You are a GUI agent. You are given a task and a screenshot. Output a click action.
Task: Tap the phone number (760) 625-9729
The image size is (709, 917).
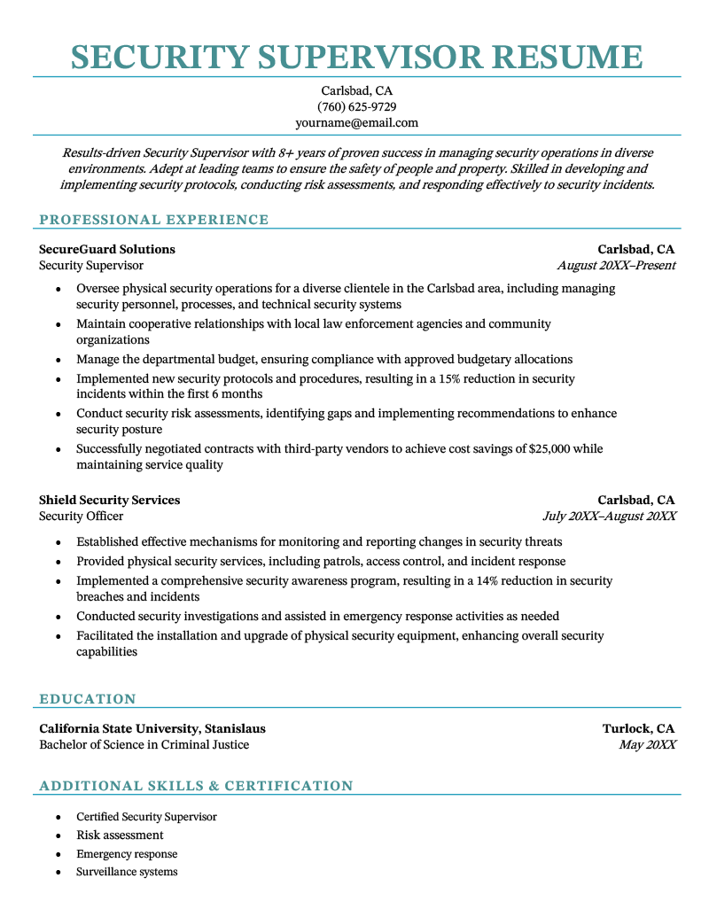[356, 107]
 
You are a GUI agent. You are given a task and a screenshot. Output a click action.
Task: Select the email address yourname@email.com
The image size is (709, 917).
[356, 123]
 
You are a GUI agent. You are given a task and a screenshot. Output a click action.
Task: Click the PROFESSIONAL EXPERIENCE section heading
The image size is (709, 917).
[153, 220]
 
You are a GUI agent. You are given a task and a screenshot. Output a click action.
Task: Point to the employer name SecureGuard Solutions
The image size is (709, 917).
[107, 249]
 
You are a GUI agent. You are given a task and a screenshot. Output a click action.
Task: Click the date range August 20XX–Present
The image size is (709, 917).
[616, 265]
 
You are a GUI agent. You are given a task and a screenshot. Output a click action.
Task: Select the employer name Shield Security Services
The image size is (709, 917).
[109, 500]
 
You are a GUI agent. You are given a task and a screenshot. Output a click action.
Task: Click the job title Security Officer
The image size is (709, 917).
[81, 516]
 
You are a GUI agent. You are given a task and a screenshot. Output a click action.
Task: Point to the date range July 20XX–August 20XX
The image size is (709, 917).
[609, 516]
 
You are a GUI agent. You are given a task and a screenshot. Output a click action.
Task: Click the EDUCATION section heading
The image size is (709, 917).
[88, 699]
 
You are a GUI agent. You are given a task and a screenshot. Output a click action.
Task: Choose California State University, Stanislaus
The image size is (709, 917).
[152, 728]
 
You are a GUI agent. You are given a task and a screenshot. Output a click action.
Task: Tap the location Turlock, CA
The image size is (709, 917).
[638, 728]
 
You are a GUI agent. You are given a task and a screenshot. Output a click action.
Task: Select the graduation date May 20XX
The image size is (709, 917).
[647, 744]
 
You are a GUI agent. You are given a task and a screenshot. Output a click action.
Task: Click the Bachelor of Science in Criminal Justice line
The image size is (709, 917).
[144, 744]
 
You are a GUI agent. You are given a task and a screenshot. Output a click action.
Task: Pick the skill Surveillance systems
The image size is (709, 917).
[127, 872]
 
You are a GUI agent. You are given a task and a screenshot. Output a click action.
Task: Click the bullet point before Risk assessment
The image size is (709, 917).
[58, 835]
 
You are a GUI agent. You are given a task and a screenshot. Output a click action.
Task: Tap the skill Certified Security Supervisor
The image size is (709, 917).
[146, 817]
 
